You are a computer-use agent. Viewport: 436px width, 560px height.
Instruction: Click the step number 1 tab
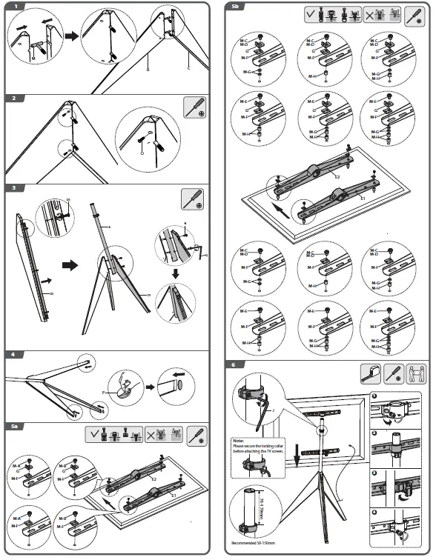tap(15, 7)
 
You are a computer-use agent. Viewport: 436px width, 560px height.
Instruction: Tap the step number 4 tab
tap(15, 354)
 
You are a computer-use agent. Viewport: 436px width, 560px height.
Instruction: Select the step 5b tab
tap(236, 7)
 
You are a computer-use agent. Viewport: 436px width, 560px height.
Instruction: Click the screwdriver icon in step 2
tap(196, 108)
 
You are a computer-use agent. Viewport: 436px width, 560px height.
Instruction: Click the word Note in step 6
tap(241, 441)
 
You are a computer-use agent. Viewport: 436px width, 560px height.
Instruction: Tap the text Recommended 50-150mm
tap(260, 550)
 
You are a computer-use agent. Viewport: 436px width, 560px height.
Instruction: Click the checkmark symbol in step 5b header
tap(309, 14)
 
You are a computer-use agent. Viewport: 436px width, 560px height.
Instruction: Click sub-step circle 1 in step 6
tap(375, 395)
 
